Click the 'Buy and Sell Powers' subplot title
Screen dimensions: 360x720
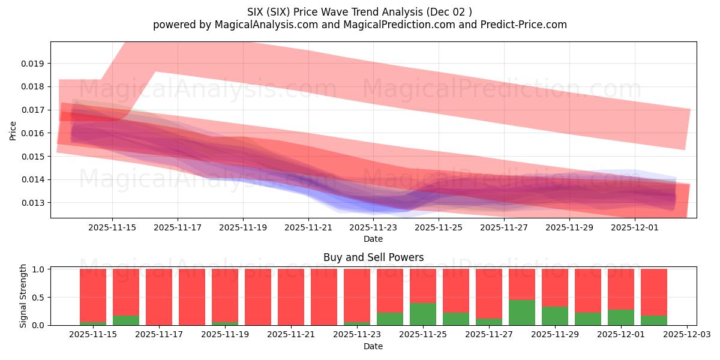click(x=373, y=257)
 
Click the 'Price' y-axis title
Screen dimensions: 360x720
click(x=13, y=130)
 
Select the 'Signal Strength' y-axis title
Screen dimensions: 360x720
click(x=23, y=296)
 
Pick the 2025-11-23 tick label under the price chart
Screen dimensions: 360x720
click(x=373, y=227)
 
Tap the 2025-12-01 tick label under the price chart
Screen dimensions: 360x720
click(x=635, y=227)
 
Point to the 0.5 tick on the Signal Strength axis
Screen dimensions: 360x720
click(x=38, y=298)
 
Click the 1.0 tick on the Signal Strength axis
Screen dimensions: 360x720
click(x=38, y=269)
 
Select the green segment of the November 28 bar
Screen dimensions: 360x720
click(x=522, y=313)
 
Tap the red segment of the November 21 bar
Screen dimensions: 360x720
click(x=291, y=297)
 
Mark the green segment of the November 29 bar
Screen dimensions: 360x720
click(x=555, y=316)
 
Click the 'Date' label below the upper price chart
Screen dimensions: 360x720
click(x=373, y=239)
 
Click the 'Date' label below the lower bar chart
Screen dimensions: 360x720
click(x=373, y=346)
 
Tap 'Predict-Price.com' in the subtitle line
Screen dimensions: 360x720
click(x=524, y=25)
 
